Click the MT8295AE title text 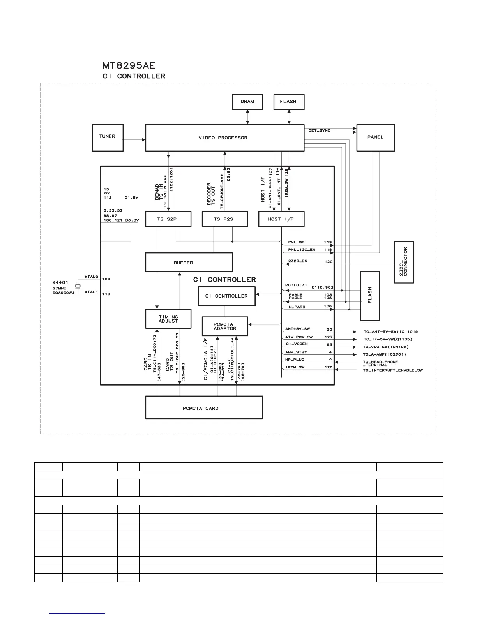pyautogui.click(x=129, y=65)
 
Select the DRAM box pyautogui.click(x=247, y=102)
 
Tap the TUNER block pyautogui.click(x=107, y=138)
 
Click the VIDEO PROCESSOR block pyautogui.click(x=224, y=138)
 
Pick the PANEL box pyautogui.click(x=376, y=138)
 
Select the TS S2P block pyautogui.click(x=168, y=219)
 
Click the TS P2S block pyautogui.click(x=225, y=219)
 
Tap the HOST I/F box pyautogui.click(x=281, y=219)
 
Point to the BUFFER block pyautogui.click(x=189, y=263)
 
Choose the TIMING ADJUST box pyautogui.click(x=168, y=319)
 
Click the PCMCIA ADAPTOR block pyautogui.click(x=225, y=326)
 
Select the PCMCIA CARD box pyautogui.click(x=204, y=408)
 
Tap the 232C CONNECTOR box pyautogui.click(x=404, y=262)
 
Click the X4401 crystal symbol pyautogui.click(x=78, y=286)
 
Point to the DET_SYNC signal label pyautogui.click(x=319, y=130)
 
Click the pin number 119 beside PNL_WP pyautogui.click(x=328, y=242)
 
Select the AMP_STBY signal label pyautogui.click(x=296, y=352)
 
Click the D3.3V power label pyautogui.click(x=132, y=220)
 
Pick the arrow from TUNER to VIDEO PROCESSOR pyautogui.click(x=134, y=139)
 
